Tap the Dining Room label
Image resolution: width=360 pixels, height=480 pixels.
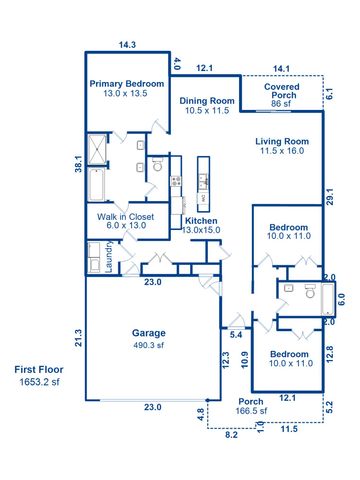(x=207, y=101)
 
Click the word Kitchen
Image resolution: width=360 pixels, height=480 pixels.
(x=201, y=221)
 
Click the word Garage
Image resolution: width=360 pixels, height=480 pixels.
(x=149, y=333)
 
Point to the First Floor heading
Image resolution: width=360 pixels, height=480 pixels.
(x=39, y=370)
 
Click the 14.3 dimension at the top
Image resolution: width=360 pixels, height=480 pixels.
(x=127, y=44)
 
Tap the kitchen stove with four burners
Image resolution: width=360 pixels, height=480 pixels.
(x=176, y=182)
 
